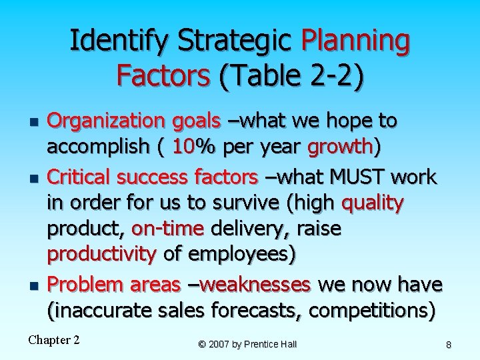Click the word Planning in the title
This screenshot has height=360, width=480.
pyautogui.click(x=355, y=41)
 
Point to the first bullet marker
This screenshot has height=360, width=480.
pyautogui.click(x=34, y=123)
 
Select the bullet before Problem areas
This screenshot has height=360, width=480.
pyautogui.click(x=34, y=286)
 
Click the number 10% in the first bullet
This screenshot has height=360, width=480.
pyautogui.click(x=191, y=146)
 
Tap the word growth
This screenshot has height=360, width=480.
pyautogui.click(x=342, y=146)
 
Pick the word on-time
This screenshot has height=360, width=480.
pyautogui.click(x=168, y=229)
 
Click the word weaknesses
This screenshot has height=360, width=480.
pyautogui.click(x=255, y=285)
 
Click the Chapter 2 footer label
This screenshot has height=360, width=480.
pyautogui.click(x=54, y=340)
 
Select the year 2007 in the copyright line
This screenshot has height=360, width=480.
pyautogui.click(x=221, y=344)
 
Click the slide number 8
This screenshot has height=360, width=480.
pyautogui.click(x=449, y=344)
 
